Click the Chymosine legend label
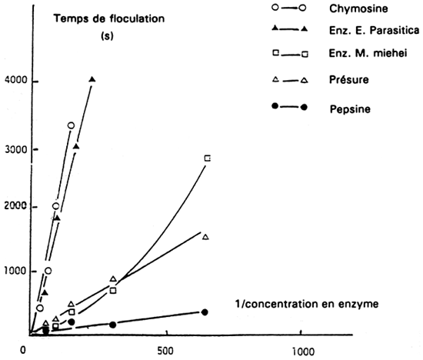point(358,8)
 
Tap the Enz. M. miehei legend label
point(360,53)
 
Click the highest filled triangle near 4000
point(93,79)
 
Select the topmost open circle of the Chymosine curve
point(71,125)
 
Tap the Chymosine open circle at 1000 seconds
point(48,271)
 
